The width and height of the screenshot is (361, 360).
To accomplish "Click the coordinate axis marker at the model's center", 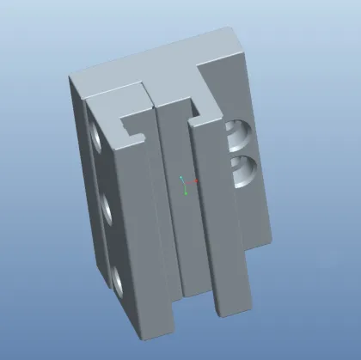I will pos(187,183).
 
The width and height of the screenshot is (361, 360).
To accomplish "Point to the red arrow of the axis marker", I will pos(196,181).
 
